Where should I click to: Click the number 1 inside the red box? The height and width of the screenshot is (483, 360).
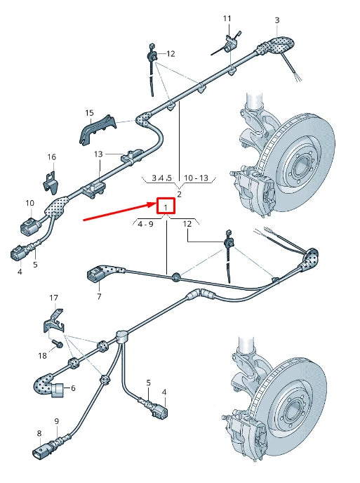point(165,207)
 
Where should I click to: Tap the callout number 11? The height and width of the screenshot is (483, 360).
point(227,18)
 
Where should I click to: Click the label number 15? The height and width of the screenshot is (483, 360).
point(89,113)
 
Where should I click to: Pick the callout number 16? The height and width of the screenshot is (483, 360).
point(51,157)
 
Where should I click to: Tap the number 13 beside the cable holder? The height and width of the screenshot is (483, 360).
point(98,154)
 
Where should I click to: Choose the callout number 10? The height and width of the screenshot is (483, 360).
point(29,203)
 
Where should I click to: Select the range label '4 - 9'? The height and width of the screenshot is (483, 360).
point(145,224)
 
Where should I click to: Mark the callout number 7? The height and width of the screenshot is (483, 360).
point(99,297)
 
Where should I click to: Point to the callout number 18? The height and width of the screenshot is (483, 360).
point(43,356)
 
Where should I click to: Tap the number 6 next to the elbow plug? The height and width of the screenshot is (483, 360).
point(74,388)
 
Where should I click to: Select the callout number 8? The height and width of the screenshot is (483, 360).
point(39,433)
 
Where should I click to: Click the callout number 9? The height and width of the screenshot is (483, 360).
point(57,421)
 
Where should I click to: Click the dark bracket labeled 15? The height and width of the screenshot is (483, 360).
point(93,131)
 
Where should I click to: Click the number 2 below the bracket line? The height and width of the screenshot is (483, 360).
point(179,194)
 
